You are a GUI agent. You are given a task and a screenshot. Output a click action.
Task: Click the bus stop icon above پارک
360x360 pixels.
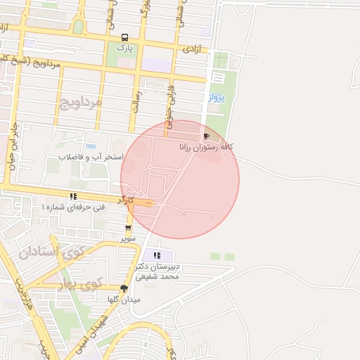point(124,38)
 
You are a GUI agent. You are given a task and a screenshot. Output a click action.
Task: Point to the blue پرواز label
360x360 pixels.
point(216,98)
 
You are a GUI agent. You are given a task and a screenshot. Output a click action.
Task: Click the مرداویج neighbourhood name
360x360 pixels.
point(80,103)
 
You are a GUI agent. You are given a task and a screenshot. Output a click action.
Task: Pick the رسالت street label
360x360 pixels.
point(137,101)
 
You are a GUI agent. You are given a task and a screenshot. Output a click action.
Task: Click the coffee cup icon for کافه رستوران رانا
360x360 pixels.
point(206,136)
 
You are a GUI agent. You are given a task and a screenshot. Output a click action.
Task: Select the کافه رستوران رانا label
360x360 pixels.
point(206,146)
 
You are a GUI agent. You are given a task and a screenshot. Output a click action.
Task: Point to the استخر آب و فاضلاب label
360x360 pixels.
point(91,156)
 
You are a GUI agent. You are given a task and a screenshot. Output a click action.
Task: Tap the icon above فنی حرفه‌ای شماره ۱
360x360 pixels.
point(72,197)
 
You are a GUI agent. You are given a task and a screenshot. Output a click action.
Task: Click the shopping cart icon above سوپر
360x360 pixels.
point(128,229)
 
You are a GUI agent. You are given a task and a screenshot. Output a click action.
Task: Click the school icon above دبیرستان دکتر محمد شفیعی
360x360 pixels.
point(157,255)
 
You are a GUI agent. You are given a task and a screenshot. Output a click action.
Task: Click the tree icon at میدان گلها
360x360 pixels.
point(124,288)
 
